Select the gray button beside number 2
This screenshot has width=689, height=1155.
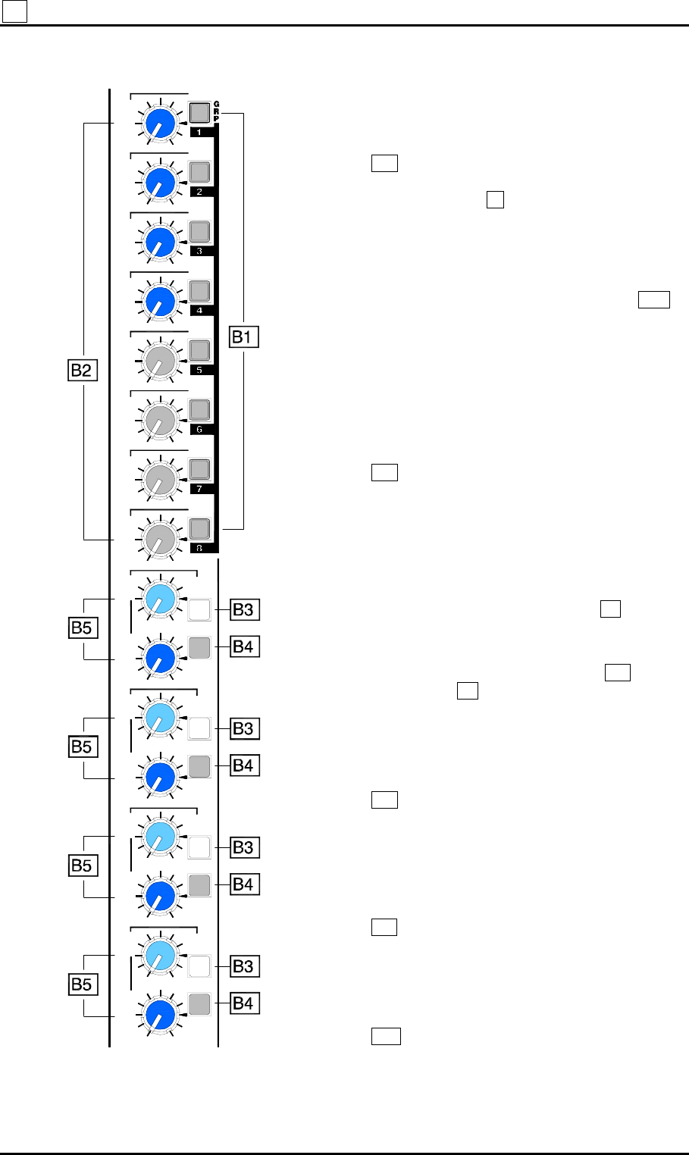pos(199,172)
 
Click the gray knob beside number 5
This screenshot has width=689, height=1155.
pos(158,361)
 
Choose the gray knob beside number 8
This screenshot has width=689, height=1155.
pos(158,539)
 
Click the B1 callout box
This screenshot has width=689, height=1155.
pos(244,337)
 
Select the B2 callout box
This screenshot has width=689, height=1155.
pos(82,371)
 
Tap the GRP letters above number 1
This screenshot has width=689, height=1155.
pos(216,111)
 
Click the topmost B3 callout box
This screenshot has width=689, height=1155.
pos(243,609)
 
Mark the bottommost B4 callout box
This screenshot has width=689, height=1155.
pos(243,1003)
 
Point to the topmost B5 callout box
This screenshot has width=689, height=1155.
pos(82,629)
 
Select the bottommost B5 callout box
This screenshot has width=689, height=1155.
pos(82,984)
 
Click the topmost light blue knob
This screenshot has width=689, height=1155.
pos(158,598)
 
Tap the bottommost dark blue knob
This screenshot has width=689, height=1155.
pos(158,1015)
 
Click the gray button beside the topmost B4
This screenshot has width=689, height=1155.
pos(199,647)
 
